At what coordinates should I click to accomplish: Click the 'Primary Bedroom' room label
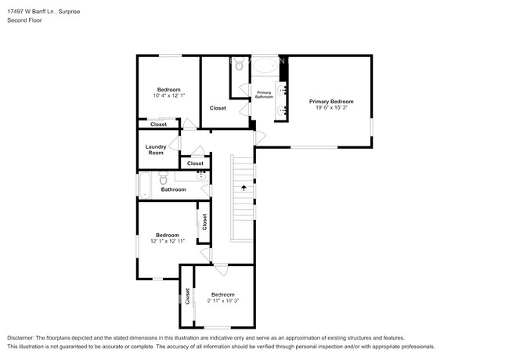(330, 102)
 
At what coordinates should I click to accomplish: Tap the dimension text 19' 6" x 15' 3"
(330, 109)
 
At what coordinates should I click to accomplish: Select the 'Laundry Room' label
(156, 149)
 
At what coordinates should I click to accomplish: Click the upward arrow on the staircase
(244, 188)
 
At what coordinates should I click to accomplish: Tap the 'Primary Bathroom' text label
(265, 95)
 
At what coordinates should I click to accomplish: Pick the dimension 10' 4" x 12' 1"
(168, 95)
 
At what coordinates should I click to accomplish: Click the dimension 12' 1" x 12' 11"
(167, 241)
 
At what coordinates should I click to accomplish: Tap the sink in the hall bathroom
(200, 175)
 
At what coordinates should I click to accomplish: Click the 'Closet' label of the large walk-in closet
(218, 108)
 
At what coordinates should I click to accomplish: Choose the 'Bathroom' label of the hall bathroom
(174, 189)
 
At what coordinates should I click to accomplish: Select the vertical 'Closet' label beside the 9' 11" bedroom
(188, 296)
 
